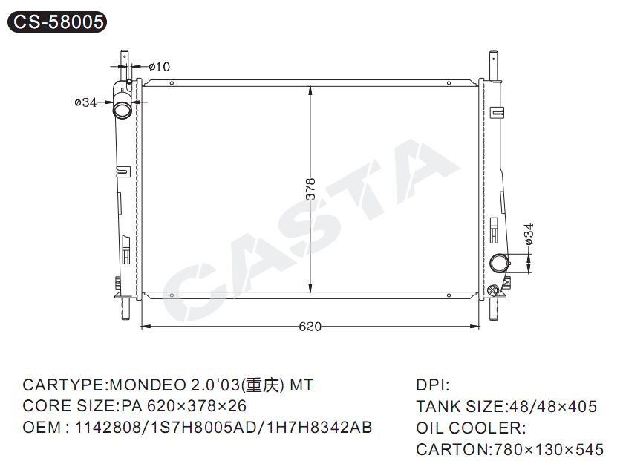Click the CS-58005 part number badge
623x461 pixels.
pos(57,22)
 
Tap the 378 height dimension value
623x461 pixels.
pos(310,189)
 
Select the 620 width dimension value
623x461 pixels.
pos(310,327)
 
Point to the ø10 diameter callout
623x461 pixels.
pos(160,67)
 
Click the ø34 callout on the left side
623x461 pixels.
pos(85,102)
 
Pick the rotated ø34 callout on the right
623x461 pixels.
pos(529,235)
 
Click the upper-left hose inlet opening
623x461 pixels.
pos(122,109)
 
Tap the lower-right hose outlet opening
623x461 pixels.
pos(499,264)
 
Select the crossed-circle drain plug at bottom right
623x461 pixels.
pos(492,290)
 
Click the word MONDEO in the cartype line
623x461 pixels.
pos(148,385)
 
